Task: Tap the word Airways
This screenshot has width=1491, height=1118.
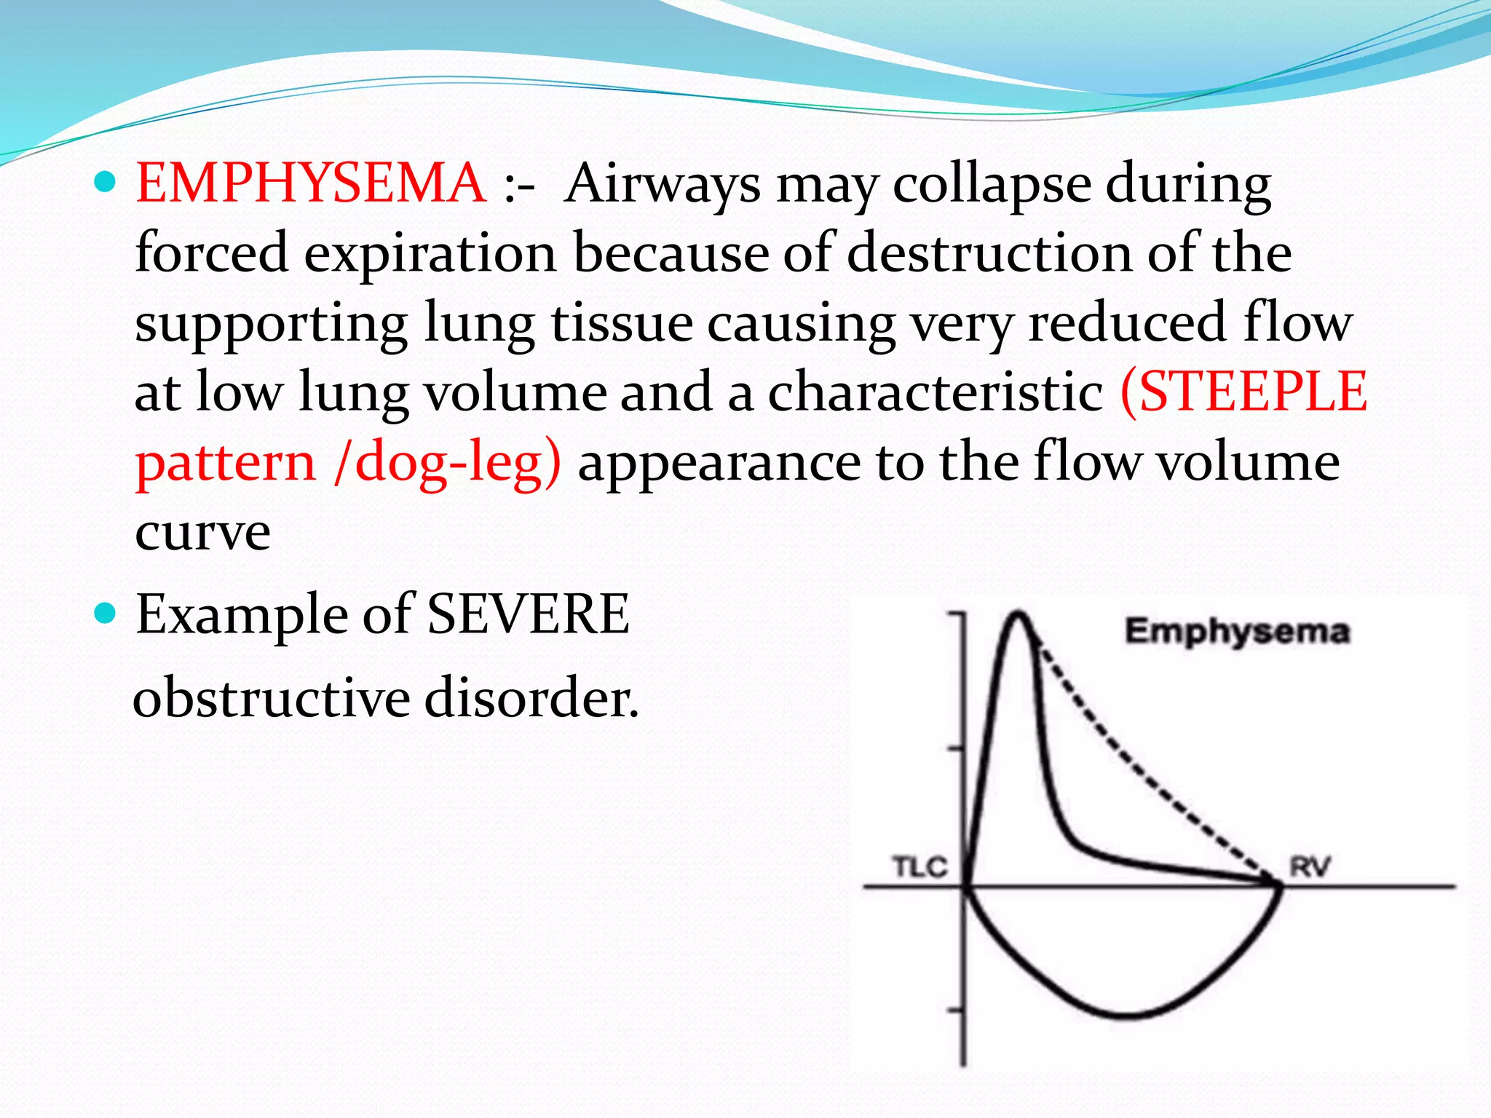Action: [663, 183]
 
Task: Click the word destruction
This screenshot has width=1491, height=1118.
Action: [989, 253]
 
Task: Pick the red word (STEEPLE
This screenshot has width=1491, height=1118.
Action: [1243, 392]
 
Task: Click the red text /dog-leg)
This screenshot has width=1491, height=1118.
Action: [447, 463]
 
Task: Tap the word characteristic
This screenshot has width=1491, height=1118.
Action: [935, 392]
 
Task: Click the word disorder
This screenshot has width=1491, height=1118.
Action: [531, 697]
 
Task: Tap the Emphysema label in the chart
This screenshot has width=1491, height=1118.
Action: [1237, 630]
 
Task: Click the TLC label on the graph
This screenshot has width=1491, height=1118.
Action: [919, 867]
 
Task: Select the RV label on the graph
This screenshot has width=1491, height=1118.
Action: [1310, 867]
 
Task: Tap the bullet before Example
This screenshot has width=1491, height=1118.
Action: [106, 614]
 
